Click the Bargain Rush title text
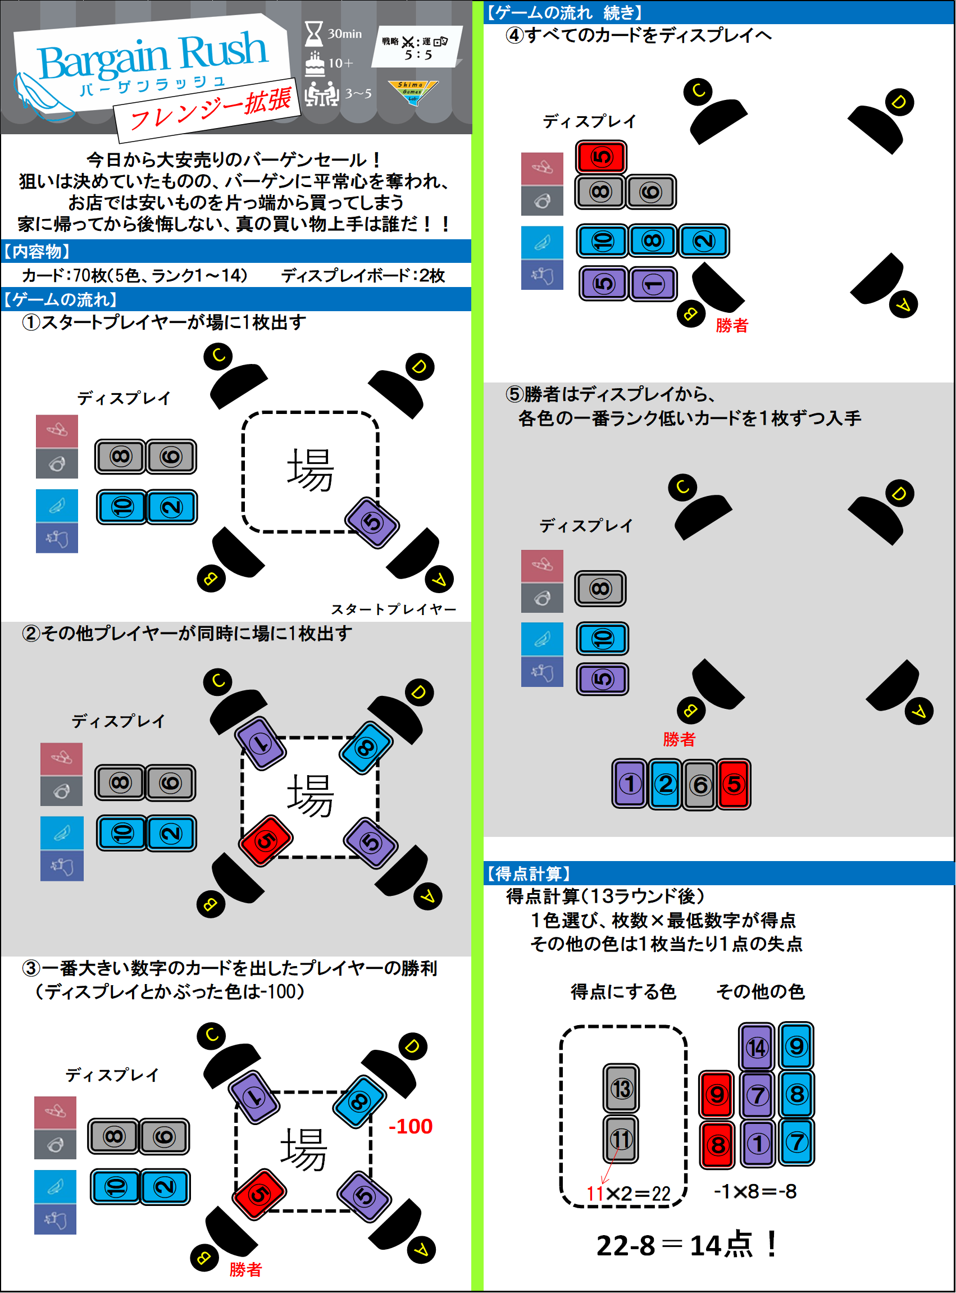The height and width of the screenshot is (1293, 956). (x=153, y=57)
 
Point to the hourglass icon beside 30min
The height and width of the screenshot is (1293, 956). (x=313, y=34)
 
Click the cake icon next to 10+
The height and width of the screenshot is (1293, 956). (x=315, y=63)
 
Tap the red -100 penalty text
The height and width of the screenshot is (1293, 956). (x=410, y=1126)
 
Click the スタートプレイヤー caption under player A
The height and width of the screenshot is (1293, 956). (x=394, y=609)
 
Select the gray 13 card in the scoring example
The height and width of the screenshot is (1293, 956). (x=621, y=1088)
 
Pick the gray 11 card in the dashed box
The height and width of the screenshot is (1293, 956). (x=621, y=1139)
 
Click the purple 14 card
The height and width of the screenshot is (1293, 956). (x=757, y=1047)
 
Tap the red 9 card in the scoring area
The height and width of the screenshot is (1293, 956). (x=716, y=1094)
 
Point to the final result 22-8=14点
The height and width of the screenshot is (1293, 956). (x=686, y=1246)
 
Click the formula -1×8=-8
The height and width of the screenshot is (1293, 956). (x=755, y=1191)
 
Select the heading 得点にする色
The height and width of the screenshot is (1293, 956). (x=623, y=991)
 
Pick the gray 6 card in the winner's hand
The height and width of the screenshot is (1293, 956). (x=700, y=785)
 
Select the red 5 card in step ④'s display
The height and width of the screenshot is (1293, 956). (x=600, y=157)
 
